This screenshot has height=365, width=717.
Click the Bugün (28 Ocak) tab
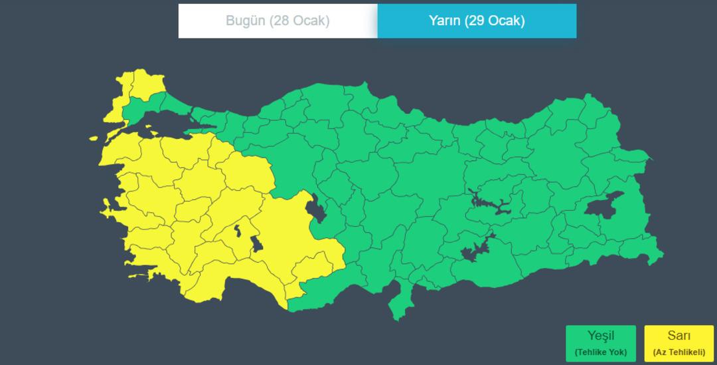coord(278,21)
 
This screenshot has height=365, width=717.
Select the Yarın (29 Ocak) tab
coord(477,21)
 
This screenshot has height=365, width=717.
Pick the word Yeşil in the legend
coord(600,336)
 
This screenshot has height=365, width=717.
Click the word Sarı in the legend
coord(678,336)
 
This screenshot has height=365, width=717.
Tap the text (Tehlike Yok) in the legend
coord(600,352)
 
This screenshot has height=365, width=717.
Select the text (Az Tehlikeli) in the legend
coord(678,352)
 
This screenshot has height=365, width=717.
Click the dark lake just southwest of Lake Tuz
coord(257,243)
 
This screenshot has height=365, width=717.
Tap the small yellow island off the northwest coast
coord(93,139)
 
